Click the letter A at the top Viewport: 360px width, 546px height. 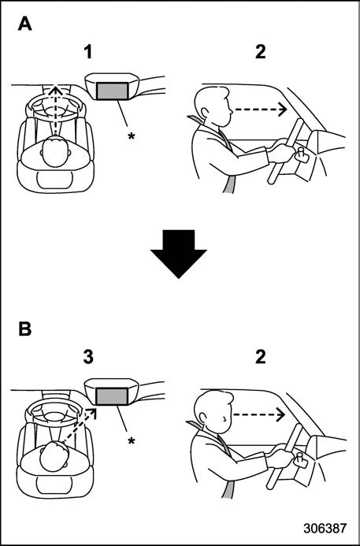pos(24,24)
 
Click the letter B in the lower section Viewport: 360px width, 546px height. pos(24,329)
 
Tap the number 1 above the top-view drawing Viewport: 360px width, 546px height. pos(88,52)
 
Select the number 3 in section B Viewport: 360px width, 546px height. pos(88,357)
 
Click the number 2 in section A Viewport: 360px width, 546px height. pos(260,52)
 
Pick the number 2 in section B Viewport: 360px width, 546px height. pos(260,357)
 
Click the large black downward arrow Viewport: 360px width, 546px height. pos(179,254)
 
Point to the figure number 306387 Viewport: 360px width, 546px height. pos(325,528)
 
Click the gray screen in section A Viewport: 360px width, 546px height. pos(113,91)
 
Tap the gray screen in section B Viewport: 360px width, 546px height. pos(113,396)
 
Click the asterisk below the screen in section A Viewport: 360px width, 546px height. pos(132,136)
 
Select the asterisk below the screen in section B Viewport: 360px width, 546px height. pos(132,441)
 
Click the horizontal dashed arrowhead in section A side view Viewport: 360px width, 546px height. pos(282,110)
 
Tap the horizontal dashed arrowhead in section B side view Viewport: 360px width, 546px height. pos(280,414)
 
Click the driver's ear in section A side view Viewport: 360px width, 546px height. pos(205,112)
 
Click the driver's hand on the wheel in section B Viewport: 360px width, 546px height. pos(280,458)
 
